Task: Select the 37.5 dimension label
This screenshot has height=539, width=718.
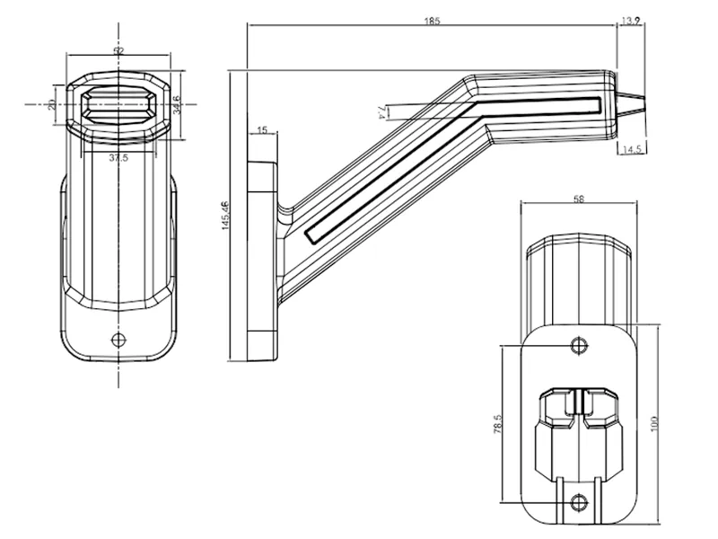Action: pos(117,158)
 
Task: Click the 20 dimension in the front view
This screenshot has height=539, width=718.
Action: pos(52,105)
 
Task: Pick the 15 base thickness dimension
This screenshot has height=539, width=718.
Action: pos(262,131)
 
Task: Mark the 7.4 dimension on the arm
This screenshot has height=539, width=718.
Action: pos(381,111)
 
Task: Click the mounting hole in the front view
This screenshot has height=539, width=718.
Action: pos(118,339)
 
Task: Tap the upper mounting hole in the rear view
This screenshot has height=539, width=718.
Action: pos(580,345)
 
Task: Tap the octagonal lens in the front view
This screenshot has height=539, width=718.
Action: pos(119,104)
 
